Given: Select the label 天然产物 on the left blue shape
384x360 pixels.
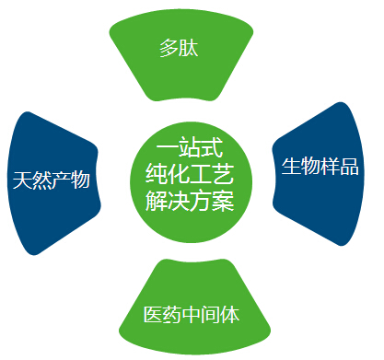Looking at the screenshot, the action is pyautogui.click(x=52, y=180).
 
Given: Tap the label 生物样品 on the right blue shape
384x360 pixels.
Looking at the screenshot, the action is pyautogui.click(x=319, y=167).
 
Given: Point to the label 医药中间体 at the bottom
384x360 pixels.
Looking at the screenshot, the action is pyautogui.click(x=192, y=315).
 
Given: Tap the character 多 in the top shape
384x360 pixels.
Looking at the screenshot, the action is pyautogui.click(x=169, y=48).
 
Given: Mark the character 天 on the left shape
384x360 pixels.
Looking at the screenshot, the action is pyautogui.click(x=22, y=180).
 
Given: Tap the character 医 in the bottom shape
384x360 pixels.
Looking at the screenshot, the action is pyautogui.click(x=153, y=315).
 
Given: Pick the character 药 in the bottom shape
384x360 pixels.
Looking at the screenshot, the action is pyautogui.click(x=172, y=315).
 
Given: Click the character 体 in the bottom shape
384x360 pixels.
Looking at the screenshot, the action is pyautogui.click(x=230, y=315).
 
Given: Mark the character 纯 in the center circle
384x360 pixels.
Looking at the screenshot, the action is pyautogui.click(x=157, y=175).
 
